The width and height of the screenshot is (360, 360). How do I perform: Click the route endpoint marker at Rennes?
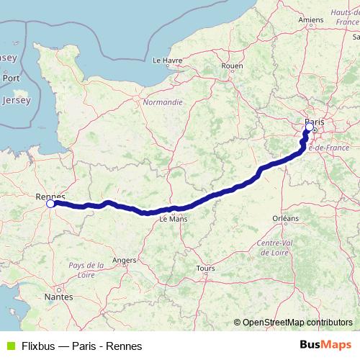50,204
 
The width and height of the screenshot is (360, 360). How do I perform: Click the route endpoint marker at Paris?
309,127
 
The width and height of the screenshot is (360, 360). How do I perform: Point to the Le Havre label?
167,61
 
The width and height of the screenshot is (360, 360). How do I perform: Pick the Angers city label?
124,260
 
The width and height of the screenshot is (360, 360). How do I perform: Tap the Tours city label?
205,269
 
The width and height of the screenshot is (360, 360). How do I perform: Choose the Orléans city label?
285,217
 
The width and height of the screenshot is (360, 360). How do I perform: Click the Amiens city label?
311,19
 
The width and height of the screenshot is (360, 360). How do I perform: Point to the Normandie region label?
163,102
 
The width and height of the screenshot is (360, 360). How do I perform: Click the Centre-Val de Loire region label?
274,248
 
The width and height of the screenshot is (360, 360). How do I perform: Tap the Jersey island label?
16,100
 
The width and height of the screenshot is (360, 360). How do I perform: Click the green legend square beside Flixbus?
9,346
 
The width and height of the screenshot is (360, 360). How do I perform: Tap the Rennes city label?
50,196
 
